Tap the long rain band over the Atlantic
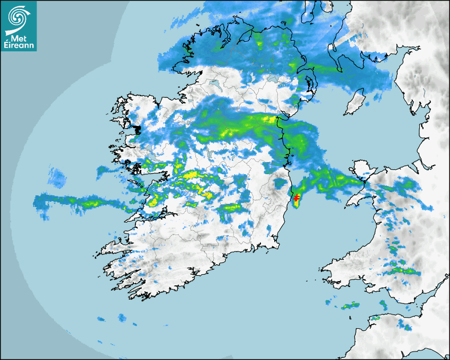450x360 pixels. pos(79,201)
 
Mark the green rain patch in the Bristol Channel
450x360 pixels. pos(349,305)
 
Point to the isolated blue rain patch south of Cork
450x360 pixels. pos(122,318)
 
